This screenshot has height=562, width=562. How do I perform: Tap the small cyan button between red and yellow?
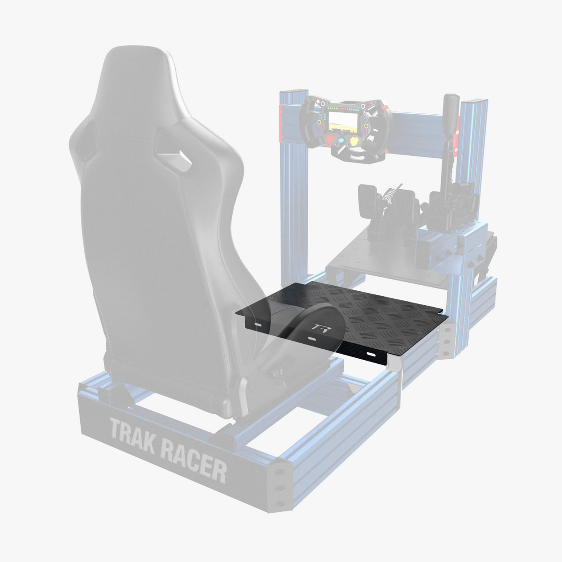coord(341,140)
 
